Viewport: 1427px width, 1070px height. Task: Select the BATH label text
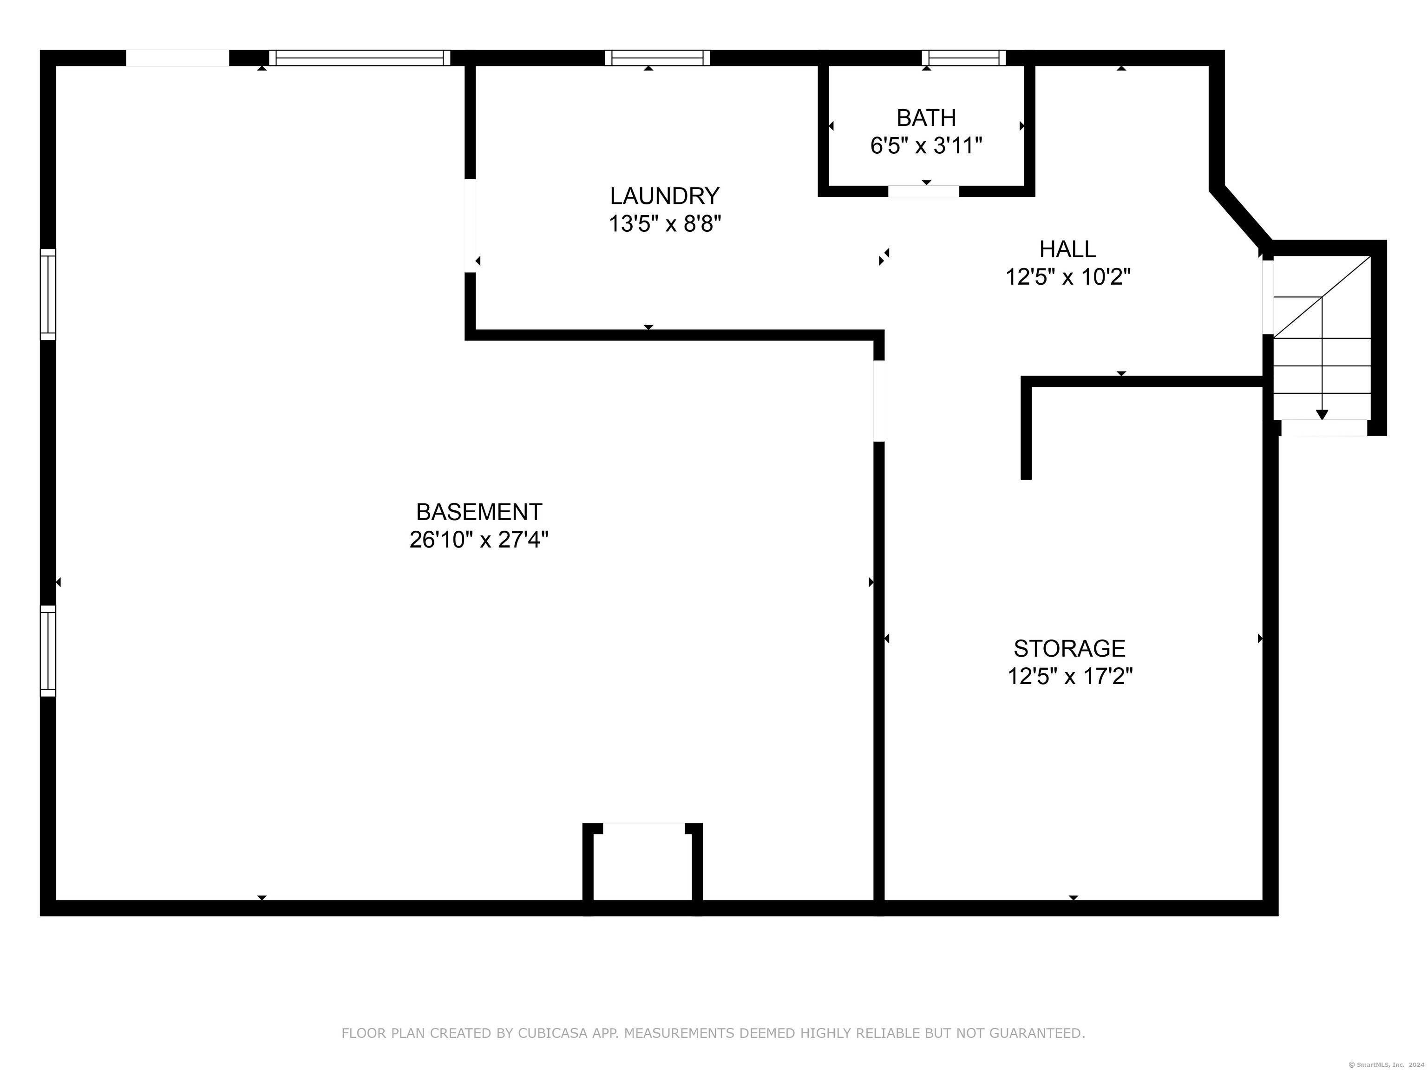point(926,117)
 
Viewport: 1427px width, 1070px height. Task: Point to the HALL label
point(1067,248)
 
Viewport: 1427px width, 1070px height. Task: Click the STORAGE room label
point(1070,648)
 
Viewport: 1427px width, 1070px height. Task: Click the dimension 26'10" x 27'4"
point(478,539)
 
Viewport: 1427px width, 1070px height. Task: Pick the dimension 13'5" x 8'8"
point(664,224)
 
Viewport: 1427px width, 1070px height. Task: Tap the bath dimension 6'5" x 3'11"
point(926,146)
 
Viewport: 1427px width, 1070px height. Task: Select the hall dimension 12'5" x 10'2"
point(1067,277)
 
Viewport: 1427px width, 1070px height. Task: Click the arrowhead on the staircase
point(1322,415)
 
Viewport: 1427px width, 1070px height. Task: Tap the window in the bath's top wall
point(964,58)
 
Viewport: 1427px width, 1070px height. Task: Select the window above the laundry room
point(657,58)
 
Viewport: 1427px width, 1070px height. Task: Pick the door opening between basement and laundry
point(470,226)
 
